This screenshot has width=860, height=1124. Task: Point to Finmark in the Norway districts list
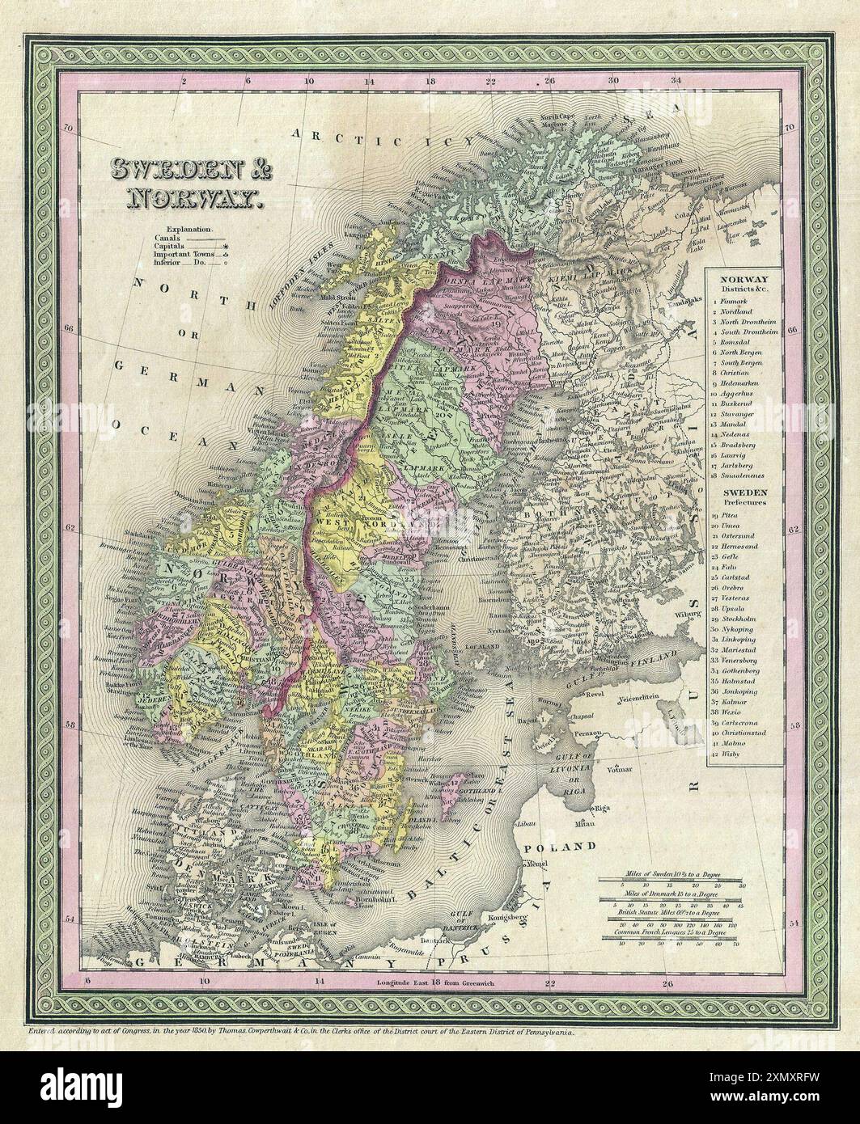click(734, 299)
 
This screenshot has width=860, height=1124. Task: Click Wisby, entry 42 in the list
click(731, 754)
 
